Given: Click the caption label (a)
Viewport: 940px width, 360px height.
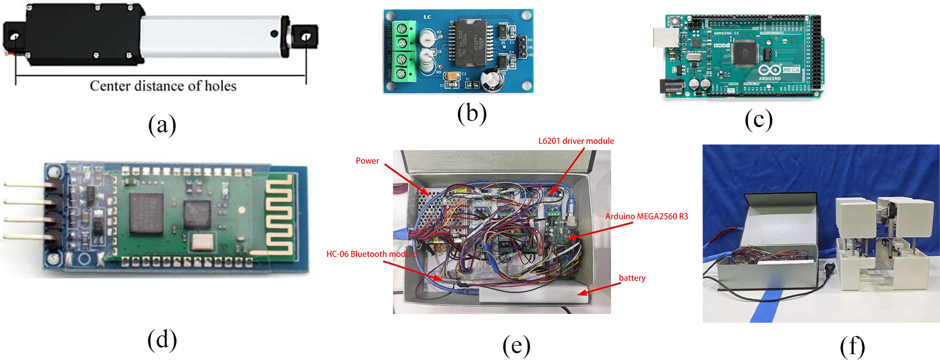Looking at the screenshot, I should [x=162, y=125].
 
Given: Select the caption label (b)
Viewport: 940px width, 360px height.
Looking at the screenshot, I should [x=472, y=113].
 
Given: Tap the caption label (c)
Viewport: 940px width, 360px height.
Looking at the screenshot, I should [x=758, y=119].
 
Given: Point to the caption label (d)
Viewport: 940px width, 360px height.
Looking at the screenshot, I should [x=162, y=340].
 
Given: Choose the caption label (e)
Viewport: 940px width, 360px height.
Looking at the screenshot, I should [x=516, y=346].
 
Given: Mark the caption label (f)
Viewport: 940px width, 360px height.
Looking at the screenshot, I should [x=852, y=346].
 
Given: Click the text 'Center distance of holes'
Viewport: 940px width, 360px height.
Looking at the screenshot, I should [x=163, y=86].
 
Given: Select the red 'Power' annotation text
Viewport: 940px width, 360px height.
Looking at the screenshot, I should [x=367, y=161].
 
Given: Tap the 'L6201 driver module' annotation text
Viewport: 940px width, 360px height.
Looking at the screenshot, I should [x=576, y=141].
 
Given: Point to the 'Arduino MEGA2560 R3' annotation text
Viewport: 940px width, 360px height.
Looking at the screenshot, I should [x=646, y=217].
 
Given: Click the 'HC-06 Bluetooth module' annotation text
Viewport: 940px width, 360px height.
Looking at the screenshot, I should [x=371, y=254].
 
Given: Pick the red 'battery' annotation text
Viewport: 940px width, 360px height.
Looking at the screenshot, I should [x=632, y=278].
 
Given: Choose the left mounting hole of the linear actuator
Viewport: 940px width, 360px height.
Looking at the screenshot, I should [x=15, y=37].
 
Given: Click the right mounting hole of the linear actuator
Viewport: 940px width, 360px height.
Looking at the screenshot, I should [x=306, y=37].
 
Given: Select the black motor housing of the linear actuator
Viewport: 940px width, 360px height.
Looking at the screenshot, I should [x=84, y=35].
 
